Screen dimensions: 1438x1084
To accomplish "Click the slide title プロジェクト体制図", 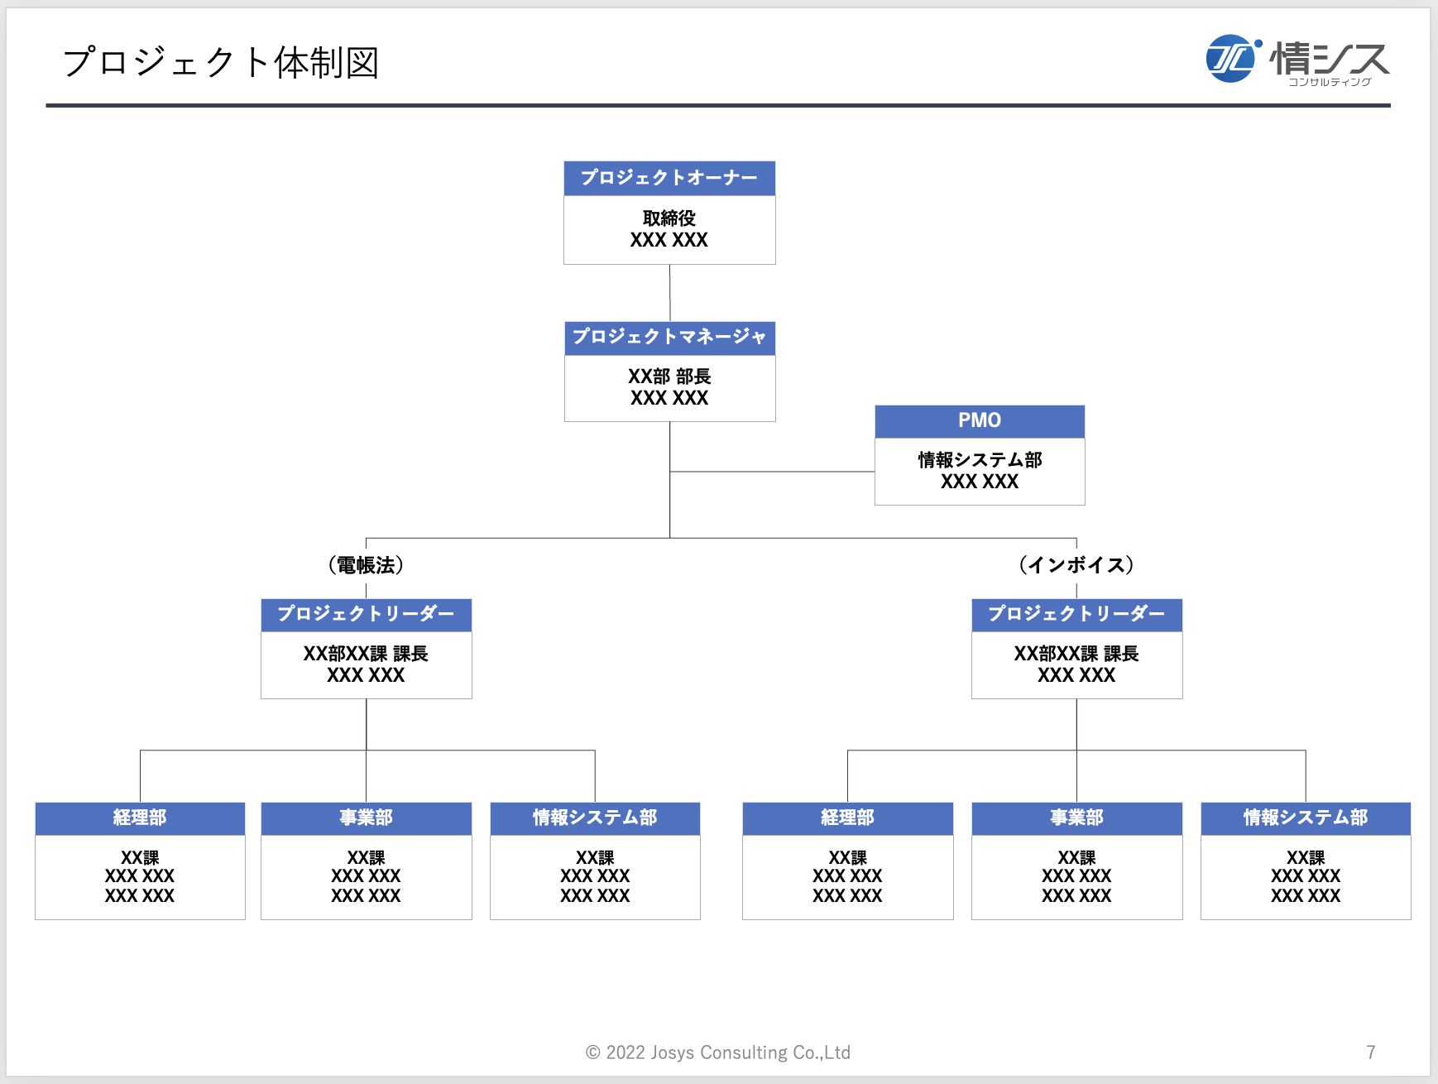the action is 221,63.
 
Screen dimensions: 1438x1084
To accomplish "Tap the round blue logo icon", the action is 1230,59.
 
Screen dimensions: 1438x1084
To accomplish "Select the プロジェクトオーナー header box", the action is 669,178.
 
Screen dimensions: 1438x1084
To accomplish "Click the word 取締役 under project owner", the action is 669,218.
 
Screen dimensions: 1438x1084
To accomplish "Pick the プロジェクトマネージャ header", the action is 669,338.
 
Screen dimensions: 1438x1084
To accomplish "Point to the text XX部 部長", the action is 669,377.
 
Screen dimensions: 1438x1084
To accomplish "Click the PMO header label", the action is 980,421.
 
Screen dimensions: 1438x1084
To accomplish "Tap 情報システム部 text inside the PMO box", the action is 980,460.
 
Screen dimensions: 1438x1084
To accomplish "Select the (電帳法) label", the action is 366,565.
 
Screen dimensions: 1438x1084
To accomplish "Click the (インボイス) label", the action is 1076,565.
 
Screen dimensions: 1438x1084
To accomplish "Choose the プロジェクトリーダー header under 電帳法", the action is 366,615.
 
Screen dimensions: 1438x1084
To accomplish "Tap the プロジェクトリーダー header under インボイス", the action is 1076,615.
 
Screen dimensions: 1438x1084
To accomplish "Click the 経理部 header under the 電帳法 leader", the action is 140,818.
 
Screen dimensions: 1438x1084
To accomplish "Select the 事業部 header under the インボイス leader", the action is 1076,818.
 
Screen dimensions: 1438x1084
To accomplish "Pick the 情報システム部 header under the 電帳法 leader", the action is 595,818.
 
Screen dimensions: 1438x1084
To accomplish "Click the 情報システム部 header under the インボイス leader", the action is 1306,818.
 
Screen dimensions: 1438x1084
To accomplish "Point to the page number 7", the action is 1371,1053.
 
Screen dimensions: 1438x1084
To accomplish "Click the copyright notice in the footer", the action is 718,1053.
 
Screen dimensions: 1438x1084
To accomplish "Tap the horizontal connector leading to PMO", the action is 772,472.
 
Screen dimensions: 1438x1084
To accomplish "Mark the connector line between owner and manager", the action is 669,293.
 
